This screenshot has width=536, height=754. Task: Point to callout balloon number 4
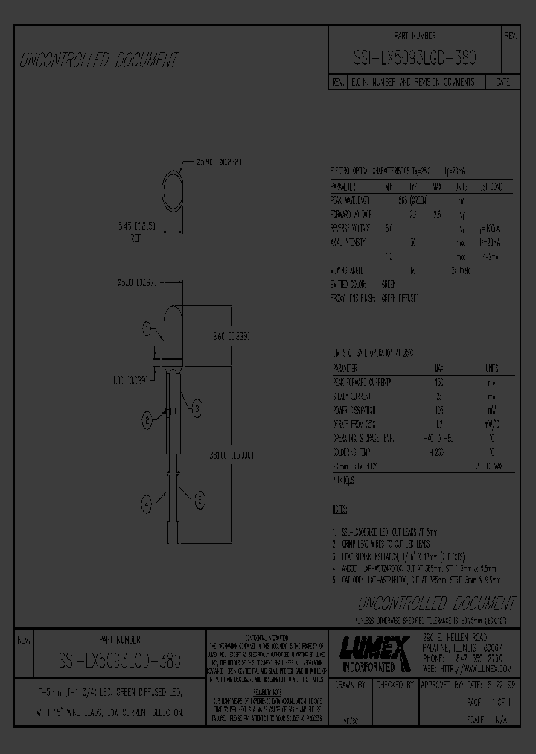pos(146,503)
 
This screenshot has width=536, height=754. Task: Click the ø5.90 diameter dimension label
pos(219,161)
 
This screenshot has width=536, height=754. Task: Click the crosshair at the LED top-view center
pos(173,191)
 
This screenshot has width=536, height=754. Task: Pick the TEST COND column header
pos(489,186)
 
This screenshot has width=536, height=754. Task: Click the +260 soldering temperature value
pos(438,452)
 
